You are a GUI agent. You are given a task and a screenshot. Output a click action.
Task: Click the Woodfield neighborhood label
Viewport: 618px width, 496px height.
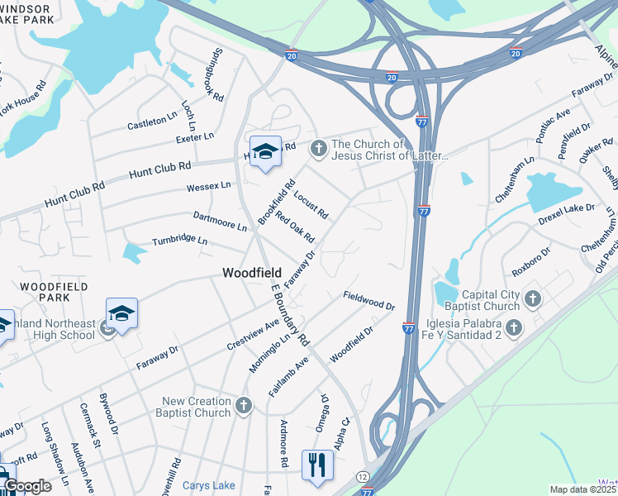coord(252,272)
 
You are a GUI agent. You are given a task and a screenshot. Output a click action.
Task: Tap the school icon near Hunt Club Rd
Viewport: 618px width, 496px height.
coord(265,151)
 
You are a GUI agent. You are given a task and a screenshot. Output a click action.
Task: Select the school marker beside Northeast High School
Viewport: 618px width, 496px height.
coord(121,312)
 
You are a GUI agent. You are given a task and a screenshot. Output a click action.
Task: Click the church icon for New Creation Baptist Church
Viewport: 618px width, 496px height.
coord(243,405)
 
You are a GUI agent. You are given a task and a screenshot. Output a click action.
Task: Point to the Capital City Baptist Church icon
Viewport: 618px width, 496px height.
coord(533,298)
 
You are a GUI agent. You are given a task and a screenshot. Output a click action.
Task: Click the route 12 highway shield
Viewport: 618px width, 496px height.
coord(363,477)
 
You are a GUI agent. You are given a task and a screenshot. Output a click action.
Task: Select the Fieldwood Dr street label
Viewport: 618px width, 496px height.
coord(369,300)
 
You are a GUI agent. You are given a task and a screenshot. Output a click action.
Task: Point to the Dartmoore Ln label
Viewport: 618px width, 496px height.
coord(220,221)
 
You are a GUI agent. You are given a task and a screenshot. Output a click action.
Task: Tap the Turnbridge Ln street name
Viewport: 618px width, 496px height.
coord(179,241)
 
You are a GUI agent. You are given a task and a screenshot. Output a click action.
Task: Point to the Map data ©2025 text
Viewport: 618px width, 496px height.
coord(583,489)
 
